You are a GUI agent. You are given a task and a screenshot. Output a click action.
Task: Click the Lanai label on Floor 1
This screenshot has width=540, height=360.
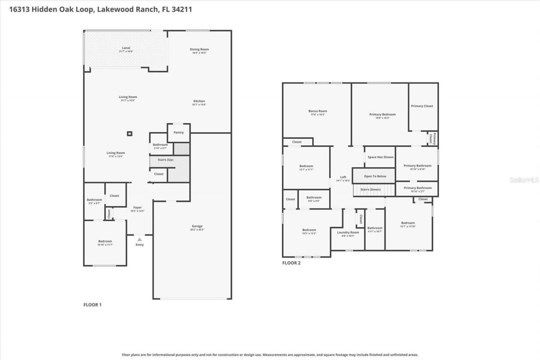[126, 48]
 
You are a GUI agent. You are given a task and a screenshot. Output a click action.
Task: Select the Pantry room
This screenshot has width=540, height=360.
[179, 133]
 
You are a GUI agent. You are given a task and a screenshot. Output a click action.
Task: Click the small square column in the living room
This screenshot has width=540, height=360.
[130, 134]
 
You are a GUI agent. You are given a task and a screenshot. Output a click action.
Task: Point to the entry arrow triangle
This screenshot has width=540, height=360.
[140, 239]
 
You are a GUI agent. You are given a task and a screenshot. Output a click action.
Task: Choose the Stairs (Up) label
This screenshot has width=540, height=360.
[165, 160]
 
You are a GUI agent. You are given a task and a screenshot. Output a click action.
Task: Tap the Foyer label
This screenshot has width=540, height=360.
[138, 208]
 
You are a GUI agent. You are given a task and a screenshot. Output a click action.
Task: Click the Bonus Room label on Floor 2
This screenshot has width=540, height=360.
[317, 111]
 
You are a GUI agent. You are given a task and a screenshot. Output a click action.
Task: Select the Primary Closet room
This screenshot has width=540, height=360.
[422, 106]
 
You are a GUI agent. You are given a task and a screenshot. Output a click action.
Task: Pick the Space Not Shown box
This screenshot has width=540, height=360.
[380, 157]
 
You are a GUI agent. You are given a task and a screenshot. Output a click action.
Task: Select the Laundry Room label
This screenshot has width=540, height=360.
[348, 233]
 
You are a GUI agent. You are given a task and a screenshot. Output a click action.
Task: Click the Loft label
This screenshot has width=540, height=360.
[343, 177]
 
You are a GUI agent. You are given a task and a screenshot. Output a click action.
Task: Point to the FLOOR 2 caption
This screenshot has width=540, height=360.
[291, 263]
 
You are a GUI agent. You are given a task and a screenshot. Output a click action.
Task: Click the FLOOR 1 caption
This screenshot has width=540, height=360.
[92, 304]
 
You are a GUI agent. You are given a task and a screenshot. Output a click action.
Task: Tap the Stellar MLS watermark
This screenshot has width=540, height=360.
[524, 180]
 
